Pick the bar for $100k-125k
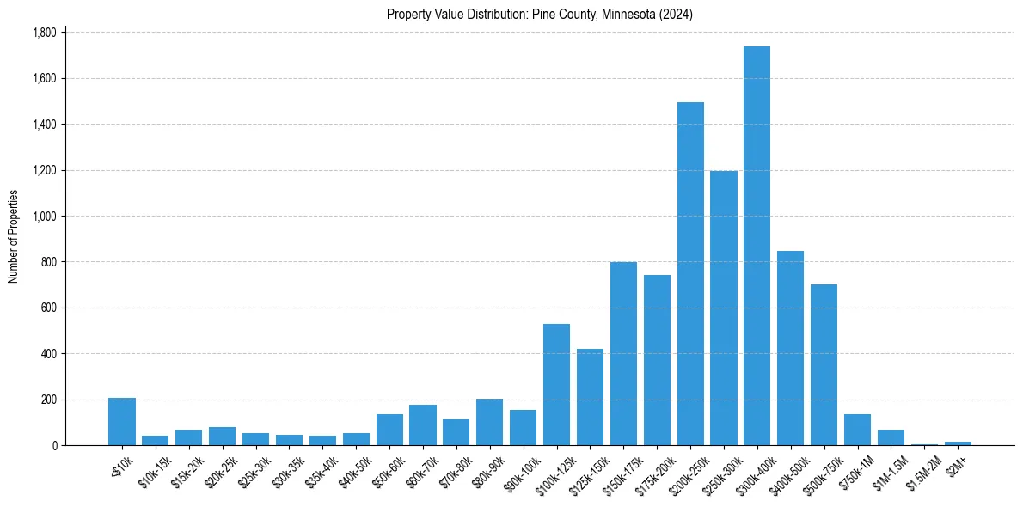click(556, 384)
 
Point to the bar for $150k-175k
click(623, 353)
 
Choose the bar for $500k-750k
click(824, 364)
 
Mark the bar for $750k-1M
click(857, 430)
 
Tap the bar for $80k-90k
click(489, 422)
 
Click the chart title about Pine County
click(540, 15)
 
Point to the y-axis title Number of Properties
click(14, 236)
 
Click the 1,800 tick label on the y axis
click(44, 33)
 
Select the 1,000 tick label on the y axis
click(44, 217)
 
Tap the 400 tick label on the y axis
click(48, 354)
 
